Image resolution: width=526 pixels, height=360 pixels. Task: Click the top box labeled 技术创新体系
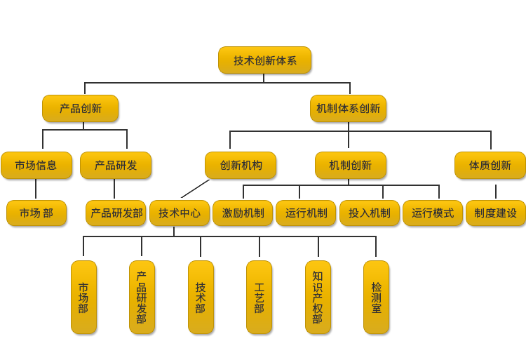coord(265,61)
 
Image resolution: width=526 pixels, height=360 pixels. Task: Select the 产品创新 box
coord(80,109)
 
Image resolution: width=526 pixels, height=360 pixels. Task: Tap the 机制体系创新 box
coord(348,109)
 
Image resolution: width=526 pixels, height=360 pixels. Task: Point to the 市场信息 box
coord(36,166)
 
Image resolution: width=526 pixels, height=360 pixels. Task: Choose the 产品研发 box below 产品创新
coord(115,166)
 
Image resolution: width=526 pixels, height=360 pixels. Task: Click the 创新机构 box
coord(241,166)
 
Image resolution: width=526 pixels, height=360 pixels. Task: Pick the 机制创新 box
coord(350,166)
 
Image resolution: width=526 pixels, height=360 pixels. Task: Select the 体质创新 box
coord(490,166)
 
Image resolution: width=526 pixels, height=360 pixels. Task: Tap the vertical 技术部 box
coord(201,298)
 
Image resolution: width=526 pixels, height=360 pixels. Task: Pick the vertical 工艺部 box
coord(259,298)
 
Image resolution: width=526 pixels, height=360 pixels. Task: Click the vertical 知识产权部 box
coord(318,298)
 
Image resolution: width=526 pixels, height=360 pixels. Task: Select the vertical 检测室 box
coord(377,298)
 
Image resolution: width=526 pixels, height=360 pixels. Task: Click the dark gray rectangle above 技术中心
coord(195,189)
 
